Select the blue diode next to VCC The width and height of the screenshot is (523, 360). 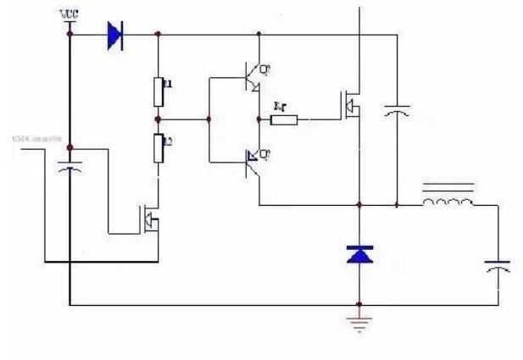pyautogui.click(x=115, y=36)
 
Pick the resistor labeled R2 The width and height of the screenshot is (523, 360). pyautogui.click(x=159, y=147)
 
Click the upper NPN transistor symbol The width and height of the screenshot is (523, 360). pyautogui.click(x=252, y=77)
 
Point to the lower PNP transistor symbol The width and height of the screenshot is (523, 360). pyautogui.click(x=252, y=160)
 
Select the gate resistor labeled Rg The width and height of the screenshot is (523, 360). pyautogui.click(x=284, y=119)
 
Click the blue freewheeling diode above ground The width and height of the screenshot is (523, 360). pyautogui.click(x=359, y=253)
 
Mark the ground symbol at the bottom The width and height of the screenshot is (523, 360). pyautogui.click(x=359, y=321)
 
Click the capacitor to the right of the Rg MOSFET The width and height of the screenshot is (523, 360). pyautogui.click(x=397, y=110)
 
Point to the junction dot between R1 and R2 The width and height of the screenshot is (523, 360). pyautogui.click(x=159, y=119)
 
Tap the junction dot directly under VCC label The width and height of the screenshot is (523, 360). pyautogui.click(x=69, y=35)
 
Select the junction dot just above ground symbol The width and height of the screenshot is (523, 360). pyautogui.click(x=359, y=304)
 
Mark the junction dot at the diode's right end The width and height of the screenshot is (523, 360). pyautogui.click(x=159, y=35)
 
